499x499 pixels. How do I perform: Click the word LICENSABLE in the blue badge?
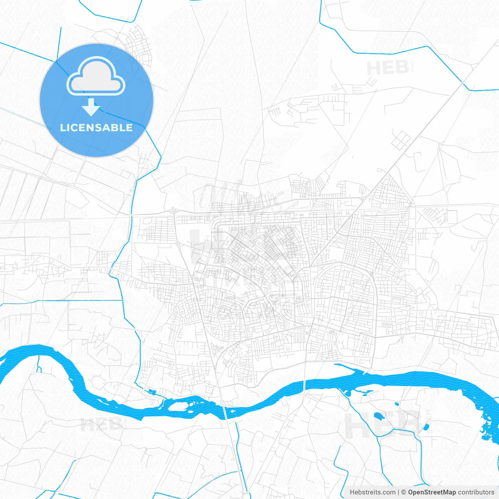coord(96,127)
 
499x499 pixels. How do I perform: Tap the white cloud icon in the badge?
coord(96,77)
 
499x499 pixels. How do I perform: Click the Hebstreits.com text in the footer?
coord(372,492)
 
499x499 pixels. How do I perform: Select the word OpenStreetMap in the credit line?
coord(432,492)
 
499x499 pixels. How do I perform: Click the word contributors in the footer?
coord(476,492)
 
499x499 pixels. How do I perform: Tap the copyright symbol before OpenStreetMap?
coord(403,492)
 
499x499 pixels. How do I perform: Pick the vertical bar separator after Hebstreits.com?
coord(398,492)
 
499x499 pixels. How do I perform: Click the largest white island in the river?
coord(178,407)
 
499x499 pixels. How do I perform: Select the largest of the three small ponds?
coord(379,416)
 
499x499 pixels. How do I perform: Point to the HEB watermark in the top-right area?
coord(388,68)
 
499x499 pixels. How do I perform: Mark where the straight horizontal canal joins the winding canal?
coord(122,301)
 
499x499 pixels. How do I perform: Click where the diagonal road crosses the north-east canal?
coord(463,83)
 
